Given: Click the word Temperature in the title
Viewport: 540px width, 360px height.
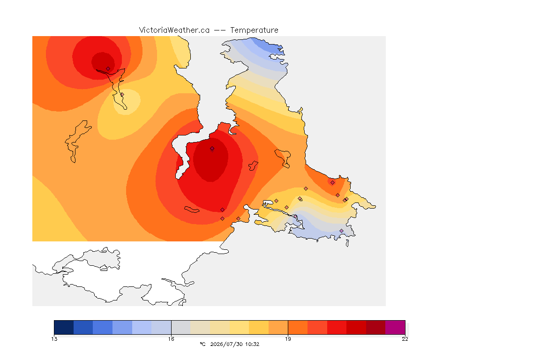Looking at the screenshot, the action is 254,30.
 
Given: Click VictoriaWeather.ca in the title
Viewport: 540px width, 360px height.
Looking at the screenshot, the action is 174,30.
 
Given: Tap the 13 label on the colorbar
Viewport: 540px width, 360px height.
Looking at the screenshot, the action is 54,339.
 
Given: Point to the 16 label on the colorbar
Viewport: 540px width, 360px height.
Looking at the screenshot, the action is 171,339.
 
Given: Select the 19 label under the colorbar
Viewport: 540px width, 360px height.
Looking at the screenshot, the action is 288,339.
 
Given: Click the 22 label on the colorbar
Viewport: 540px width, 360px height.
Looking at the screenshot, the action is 405,339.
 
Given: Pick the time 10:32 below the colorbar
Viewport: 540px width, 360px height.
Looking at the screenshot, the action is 253,344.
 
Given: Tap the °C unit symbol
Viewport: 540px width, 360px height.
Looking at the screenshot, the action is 202,344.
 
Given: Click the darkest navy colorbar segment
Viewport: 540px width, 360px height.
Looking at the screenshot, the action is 64,327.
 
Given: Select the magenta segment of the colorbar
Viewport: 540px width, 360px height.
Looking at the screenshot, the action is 395,327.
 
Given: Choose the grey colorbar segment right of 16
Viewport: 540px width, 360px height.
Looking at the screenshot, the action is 181,327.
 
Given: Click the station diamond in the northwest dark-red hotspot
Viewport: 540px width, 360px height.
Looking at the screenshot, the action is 108,69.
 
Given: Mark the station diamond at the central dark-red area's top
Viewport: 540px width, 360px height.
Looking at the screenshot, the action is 212,149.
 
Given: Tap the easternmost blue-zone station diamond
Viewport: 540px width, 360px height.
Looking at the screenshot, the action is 341,231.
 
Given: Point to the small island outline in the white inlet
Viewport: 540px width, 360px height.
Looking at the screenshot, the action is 253,165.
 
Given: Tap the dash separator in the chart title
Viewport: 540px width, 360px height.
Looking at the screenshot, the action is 220,30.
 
